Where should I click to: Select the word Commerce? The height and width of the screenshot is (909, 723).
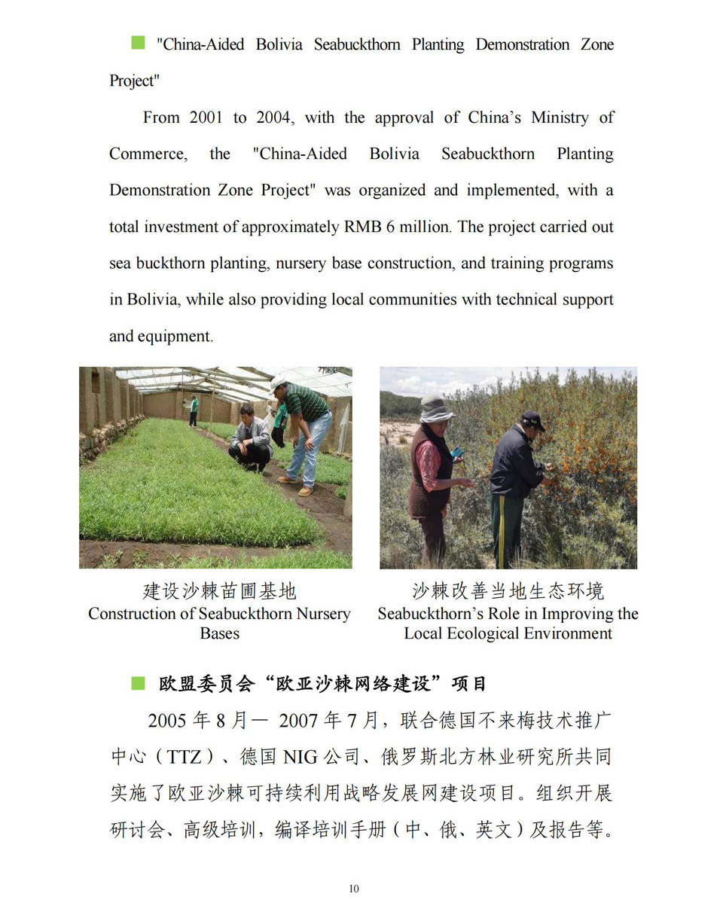(x=147, y=154)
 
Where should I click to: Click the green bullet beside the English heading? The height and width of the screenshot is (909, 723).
(x=138, y=43)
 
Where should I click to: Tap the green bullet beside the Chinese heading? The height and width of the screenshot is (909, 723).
(x=138, y=683)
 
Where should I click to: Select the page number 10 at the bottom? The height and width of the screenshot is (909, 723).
(x=354, y=889)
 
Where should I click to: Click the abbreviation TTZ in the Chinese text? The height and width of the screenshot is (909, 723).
(x=185, y=756)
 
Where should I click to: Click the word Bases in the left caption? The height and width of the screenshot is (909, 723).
(x=219, y=633)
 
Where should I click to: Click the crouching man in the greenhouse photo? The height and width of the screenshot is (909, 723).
(x=250, y=438)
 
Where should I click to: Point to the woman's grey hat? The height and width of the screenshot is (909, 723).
(x=435, y=409)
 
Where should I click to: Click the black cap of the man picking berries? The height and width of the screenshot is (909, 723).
(x=532, y=419)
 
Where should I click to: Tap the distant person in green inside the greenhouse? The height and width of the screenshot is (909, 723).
(x=194, y=410)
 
